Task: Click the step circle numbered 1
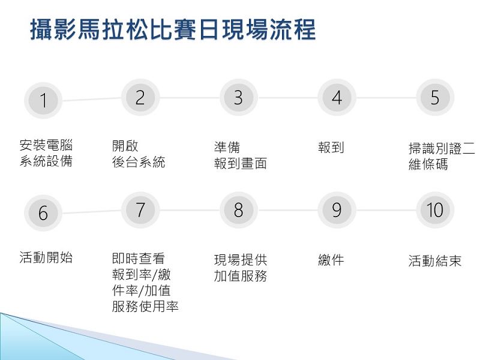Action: click(x=43, y=100)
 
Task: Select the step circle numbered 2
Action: click(x=140, y=98)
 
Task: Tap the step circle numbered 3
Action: click(x=239, y=98)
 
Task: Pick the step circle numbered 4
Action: click(x=337, y=98)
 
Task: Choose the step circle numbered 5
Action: click(x=435, y=98)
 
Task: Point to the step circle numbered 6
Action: click(x=43, y=213)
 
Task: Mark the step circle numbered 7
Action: click(x=140, y=210)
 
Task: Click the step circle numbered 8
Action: click(x=239, y=210)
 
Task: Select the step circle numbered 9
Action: click(x=337, y=210)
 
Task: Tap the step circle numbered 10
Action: click(x=435, y=210)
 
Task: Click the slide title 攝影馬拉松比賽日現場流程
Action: click(x=173, y=29)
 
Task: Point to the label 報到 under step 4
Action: click(x=331, y=148)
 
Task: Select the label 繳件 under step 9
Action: click(x=331, y=260)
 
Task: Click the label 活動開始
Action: click(x=46, y=257)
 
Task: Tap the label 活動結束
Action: click(x=435, y=261)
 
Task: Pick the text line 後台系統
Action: click(x=139, y=162)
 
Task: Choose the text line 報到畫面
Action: click(x=241, y=163)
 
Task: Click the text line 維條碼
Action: click(x=428, y=164)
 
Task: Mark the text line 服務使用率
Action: click(x=145, y=307)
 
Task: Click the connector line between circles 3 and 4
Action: click(x=288, y=98)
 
